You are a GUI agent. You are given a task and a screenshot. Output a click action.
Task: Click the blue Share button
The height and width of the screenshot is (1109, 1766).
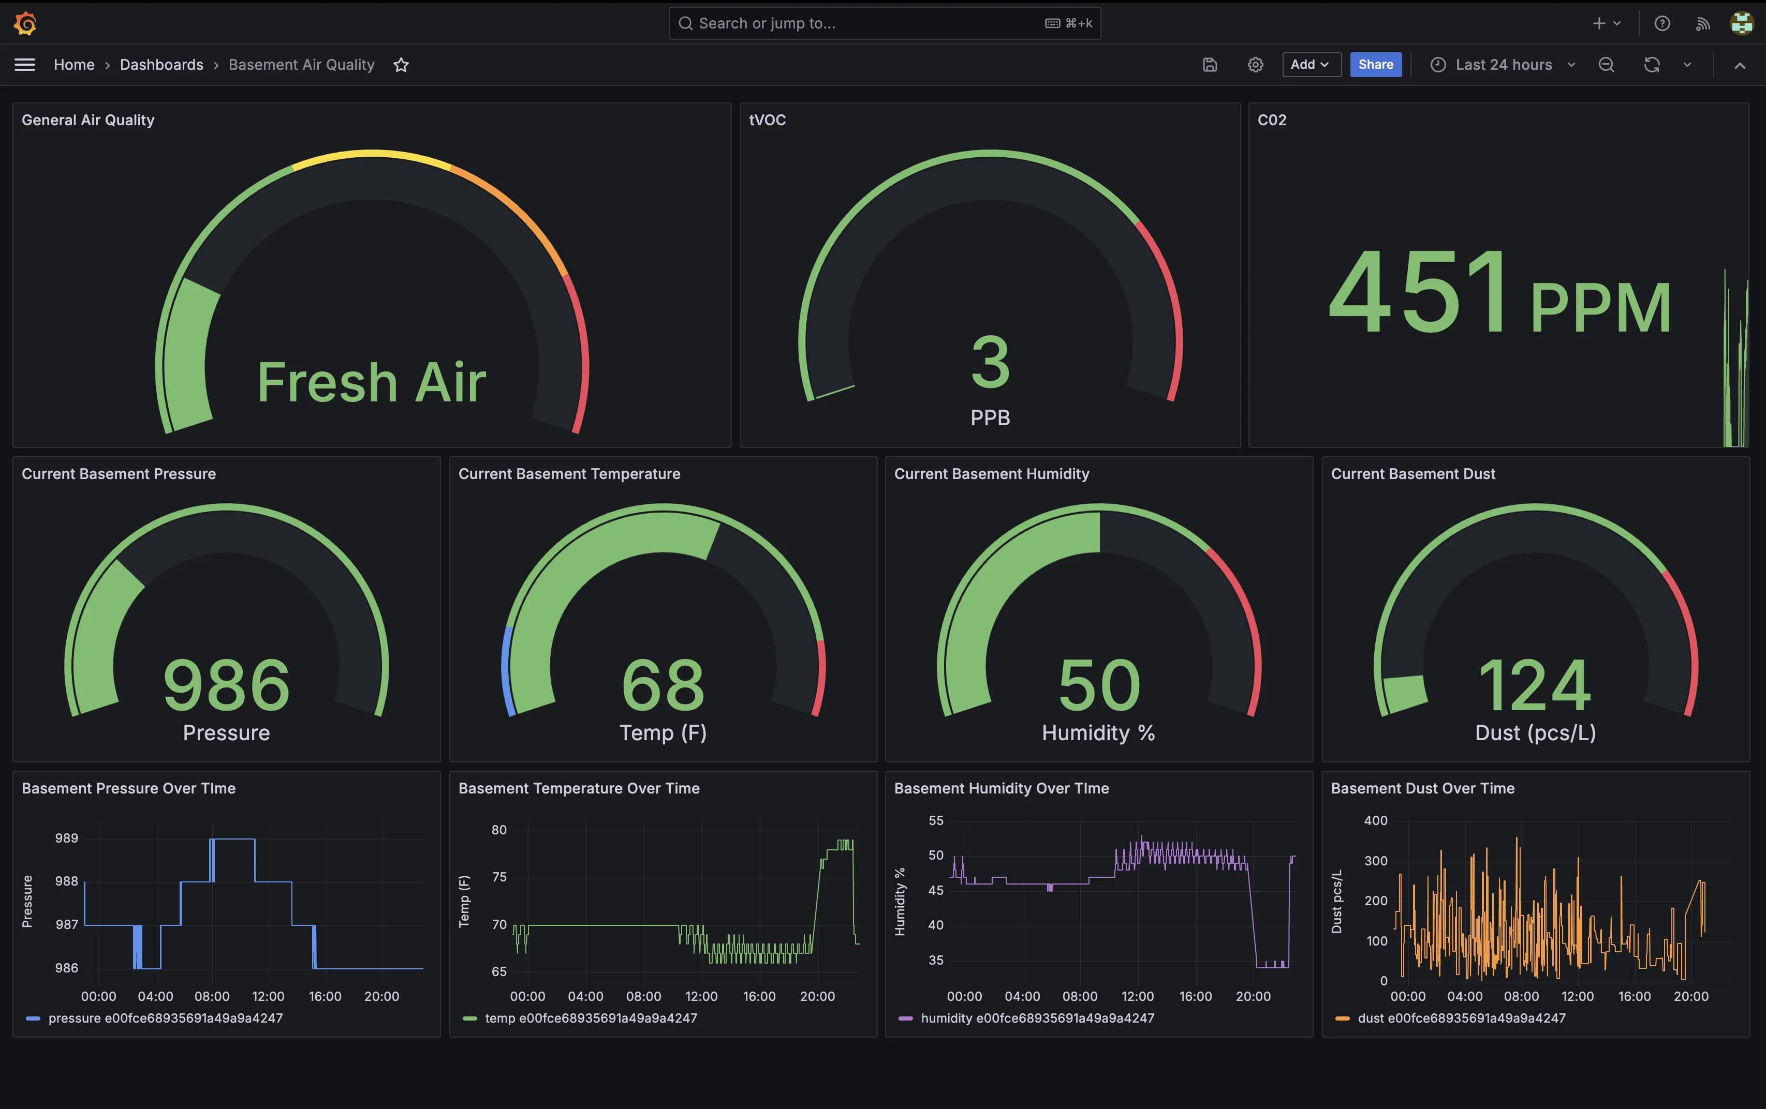(x=1375, y=65)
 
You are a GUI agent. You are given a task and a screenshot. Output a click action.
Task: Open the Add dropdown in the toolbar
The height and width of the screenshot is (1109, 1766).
(x=1311, y=65)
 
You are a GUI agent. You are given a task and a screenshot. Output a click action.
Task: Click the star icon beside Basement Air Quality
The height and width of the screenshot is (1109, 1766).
(x=401, y=65)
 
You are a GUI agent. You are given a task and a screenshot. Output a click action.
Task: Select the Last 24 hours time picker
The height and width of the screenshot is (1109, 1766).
(x=1503, y=65)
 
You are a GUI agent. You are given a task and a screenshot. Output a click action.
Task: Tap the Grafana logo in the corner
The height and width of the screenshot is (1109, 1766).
(x=25, y=23)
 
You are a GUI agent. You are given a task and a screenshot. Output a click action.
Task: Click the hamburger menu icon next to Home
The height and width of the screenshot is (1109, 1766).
(x=25, y=65)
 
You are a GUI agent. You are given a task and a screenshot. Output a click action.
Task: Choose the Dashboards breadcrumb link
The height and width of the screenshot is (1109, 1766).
(x=161, y=65)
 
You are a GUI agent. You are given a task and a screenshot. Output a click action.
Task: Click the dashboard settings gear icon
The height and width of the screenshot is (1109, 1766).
(x=1255, y=65)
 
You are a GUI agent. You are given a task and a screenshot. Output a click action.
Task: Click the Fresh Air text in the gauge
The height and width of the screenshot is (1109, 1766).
(x=371, y=383)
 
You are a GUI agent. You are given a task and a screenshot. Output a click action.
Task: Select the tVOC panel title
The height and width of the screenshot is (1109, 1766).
(x=767, y=119)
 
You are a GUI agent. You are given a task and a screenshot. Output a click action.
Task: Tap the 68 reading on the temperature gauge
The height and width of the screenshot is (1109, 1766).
(x=663, y=685)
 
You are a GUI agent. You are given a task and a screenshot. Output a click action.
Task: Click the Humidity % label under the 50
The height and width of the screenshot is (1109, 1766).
(x=1098, y=733)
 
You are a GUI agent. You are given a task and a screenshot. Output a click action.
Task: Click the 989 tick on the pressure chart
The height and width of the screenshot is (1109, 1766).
(x=66, y=838)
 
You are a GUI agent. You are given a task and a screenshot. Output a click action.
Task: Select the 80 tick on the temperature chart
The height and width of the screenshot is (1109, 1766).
(x=499, y=830)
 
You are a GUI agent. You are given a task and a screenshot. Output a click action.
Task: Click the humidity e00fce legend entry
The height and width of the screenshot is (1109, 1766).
(x=1036, y=1018)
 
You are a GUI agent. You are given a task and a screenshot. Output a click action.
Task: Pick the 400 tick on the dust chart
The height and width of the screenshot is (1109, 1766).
(x=1375, y=820)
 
